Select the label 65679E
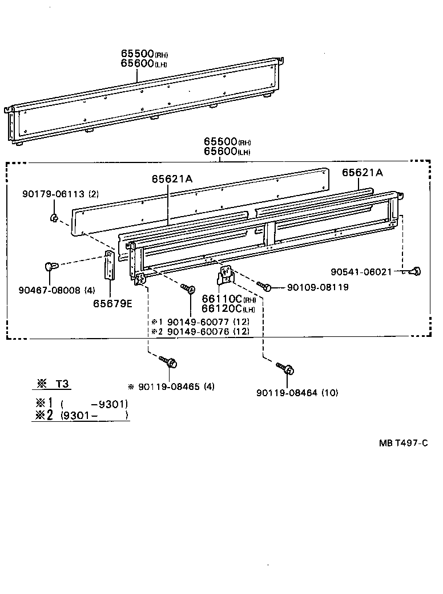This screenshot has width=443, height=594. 112,303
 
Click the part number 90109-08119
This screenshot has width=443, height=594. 317,287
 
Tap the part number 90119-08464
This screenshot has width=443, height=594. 288,392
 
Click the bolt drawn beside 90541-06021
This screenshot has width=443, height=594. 415,270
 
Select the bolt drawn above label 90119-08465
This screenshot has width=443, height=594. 170,361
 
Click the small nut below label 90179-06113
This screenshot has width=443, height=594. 53,217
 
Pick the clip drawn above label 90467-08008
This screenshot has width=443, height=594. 50,266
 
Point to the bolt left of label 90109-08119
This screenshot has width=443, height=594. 263,285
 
